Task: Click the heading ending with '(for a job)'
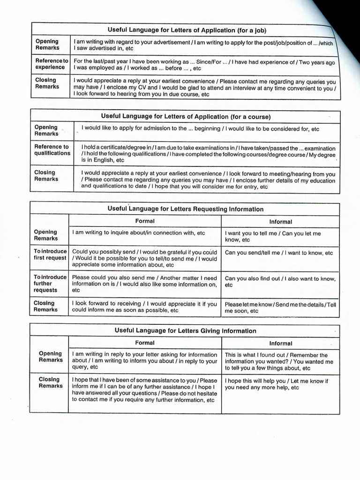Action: [187, 30]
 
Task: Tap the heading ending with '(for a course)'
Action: [186, 116]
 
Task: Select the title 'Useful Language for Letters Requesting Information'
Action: [186, 209]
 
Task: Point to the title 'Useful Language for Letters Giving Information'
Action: [186, 330]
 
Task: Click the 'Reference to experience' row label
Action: [51, 64]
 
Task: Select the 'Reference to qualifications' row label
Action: [52, 150]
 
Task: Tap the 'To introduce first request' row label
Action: [50, 255]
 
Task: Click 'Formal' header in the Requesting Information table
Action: [145, 221]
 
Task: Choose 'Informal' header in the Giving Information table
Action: [280, 343]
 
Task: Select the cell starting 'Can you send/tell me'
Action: [279, 253]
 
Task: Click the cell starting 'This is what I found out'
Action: [279, 361]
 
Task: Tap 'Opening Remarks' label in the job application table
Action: [47, 45]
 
